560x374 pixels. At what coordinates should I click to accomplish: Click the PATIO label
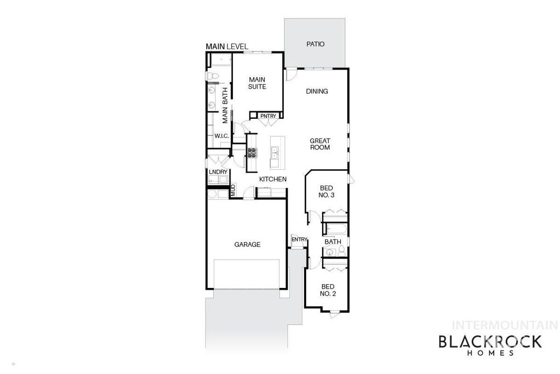coord(316,44)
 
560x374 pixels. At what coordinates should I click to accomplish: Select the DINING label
coord(317,91)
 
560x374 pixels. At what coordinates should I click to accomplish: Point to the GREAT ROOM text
coord(320,144)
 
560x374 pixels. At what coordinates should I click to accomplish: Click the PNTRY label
coord(267,116)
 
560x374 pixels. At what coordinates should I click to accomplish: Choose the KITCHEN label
coord(273,179)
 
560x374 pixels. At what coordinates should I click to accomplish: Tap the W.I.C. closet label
coord(221,136)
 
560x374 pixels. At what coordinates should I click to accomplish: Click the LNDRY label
coord(218,172)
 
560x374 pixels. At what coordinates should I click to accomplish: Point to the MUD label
coord(232,191)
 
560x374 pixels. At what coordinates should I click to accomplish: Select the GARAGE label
coord(247,245)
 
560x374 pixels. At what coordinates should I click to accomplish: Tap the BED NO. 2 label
coord(328,290)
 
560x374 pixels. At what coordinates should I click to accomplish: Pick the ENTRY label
coord(299,239)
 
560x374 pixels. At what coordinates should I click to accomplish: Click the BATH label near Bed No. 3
coord(333,241)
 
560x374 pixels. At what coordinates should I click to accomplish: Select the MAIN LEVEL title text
coord(226,47)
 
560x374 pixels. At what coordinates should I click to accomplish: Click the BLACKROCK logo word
coord(490,342)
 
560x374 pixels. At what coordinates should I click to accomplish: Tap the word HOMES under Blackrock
coord(490,354)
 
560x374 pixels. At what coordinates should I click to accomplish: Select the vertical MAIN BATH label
coord(225,106)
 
